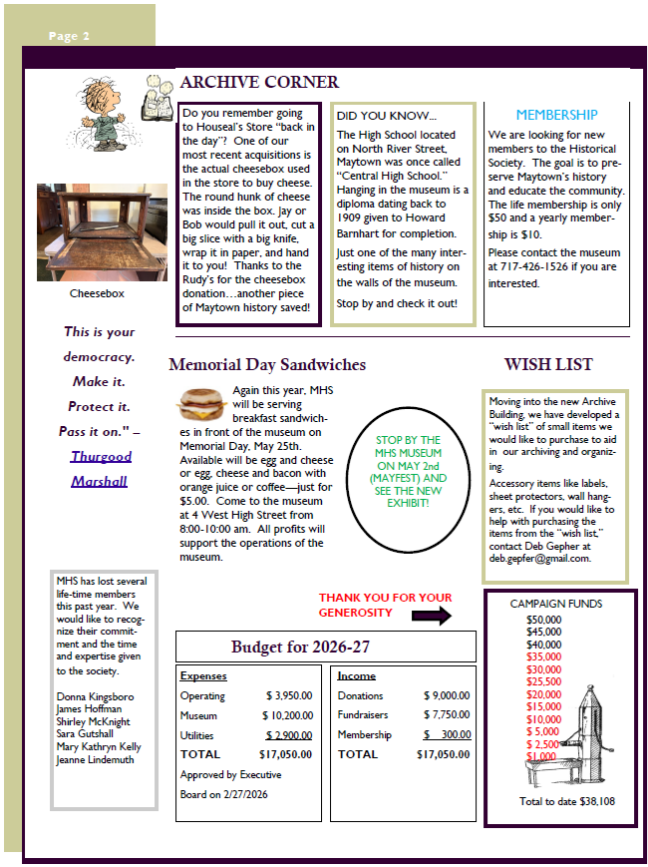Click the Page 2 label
pyautogui.click(x=70, y=37)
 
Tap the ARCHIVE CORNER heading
pyautogui.click(x=259, y=82)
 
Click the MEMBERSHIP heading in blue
pyautogui.click(x=556, y=115)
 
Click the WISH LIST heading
pyautogui.click(x=547, y=365)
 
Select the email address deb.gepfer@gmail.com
pyautogui.click(x=539, y=559)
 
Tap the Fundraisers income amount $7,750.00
pyautogui.click(x=446, y=715)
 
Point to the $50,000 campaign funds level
pyautogui.click(x=543, y=620)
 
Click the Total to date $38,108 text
pyautogui.click(x=567, y=801)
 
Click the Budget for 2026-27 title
pyautogui.click(x=300, y=648)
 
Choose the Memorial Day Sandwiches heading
pyautogui.click(x=267, y=365)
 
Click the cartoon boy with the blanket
pyautogui.click(x=102, y=112)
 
